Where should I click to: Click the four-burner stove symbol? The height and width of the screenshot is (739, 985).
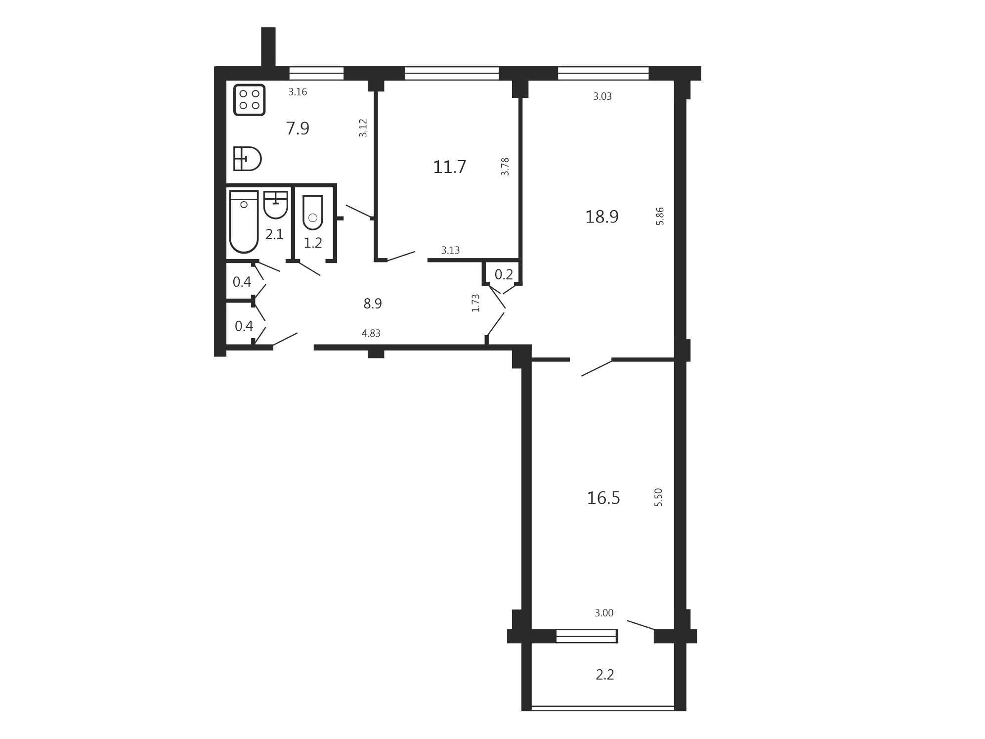coord(249,100)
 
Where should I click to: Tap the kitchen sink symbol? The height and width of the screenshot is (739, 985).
coord(247,159)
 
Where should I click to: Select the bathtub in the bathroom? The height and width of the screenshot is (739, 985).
coord(244,221)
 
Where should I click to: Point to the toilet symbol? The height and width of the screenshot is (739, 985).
coord(312,213)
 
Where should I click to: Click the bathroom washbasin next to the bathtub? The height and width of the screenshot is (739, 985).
coord(275,205)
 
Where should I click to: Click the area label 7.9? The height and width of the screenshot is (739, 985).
coord(298,129)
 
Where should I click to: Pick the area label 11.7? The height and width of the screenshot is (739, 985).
coord(449,167)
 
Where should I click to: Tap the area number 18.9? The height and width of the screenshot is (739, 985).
coord(601,217)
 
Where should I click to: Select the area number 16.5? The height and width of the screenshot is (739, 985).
coord(603,498)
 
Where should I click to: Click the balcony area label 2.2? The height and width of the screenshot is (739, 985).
coord(604,675)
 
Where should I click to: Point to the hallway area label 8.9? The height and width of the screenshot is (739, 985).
coord(373,304)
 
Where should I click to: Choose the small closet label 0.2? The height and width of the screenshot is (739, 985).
coord(504,274)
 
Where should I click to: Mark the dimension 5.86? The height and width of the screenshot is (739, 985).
coord(660,216)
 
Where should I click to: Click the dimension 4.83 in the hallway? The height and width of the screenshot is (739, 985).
coord(371,333)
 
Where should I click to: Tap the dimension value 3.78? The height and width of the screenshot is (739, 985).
coord(505,167)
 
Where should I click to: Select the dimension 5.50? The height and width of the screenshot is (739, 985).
coord(658,497)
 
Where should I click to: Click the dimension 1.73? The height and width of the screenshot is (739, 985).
coord(475,303)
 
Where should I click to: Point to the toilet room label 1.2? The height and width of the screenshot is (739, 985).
coord(313,243)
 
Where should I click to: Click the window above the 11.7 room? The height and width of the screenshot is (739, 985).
coord(452,73)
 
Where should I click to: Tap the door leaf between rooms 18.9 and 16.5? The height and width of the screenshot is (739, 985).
coord(597,368)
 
